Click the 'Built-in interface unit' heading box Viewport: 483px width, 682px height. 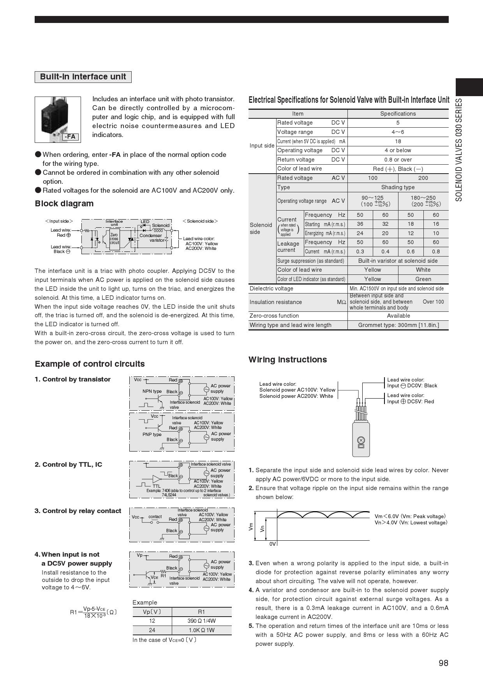click(x=83, y=77)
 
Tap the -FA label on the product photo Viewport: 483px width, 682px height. click(x=70, y=137)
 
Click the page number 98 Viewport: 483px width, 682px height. click(x=443, y=663)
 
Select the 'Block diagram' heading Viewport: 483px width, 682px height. click(x=64, y=204)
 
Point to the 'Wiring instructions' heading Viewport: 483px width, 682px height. click(x=287, y=360)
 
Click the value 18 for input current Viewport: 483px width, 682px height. click(x=398, y=141)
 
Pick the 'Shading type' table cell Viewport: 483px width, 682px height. click(x=398, y=187)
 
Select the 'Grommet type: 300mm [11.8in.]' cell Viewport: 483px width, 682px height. click(x=398, y=325)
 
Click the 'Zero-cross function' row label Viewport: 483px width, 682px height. click(x=274, y=316)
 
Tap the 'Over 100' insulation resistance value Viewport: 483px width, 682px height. click(x=433, y=302)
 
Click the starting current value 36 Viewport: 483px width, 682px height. click(x=360, y=224)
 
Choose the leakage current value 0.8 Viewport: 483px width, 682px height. click(x=435, y=251)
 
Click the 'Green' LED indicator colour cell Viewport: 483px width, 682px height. click(x=423, y=279)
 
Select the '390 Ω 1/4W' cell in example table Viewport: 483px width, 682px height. click(x=201, y=621)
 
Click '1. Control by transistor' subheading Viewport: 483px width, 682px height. click(x=72, y=380)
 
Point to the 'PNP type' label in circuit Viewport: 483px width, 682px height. click(x=152, y=434)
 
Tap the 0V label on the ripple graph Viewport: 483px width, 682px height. click(x=273, y=544)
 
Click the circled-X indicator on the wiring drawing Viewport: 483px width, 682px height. click(x=361, y=440)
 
